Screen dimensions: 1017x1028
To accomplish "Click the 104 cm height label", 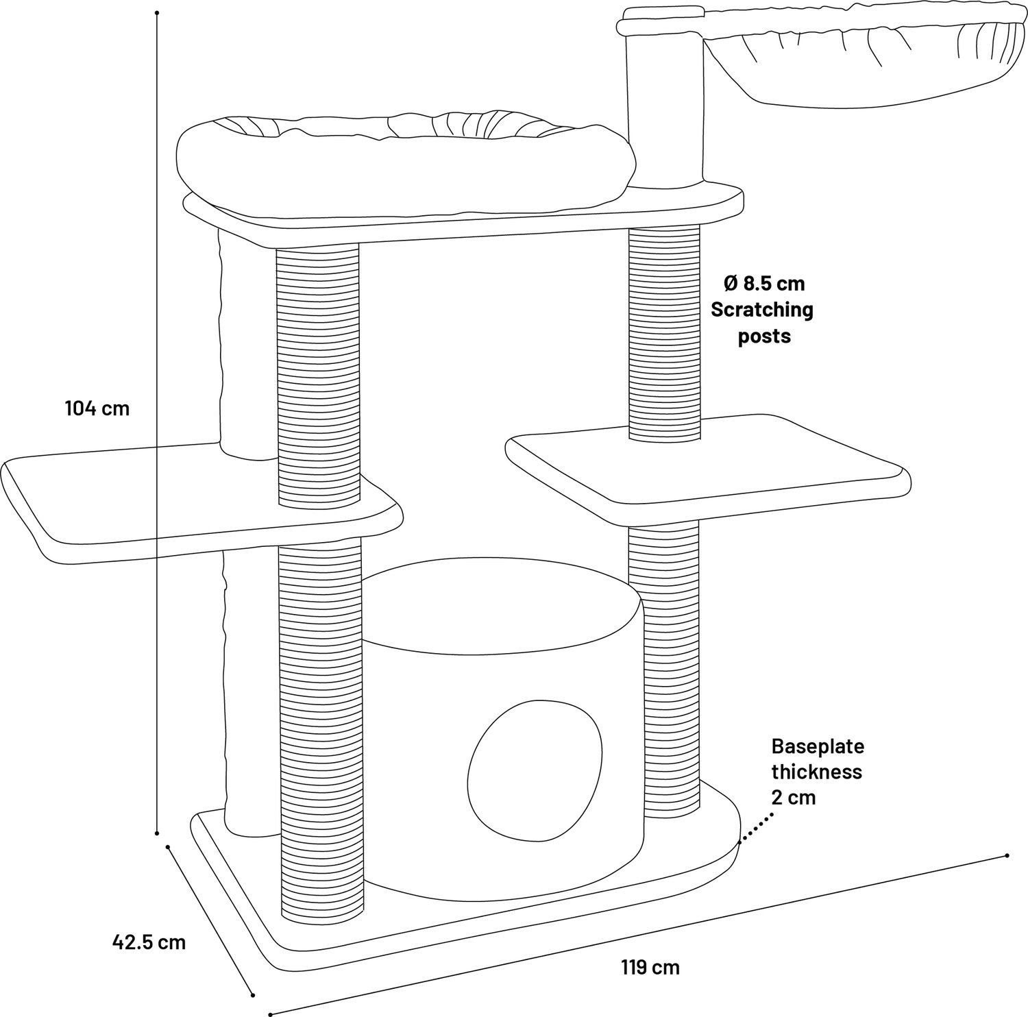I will (x=97, y=409).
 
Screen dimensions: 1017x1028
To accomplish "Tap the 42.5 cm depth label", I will (x=149, y=942).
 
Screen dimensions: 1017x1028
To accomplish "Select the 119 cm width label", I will (x=650, y=968).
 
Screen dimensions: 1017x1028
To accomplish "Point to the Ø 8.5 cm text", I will (x=764, y=283).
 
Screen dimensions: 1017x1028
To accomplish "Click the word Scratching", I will (x=761, y=310).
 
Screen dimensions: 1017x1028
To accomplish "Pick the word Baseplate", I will (x=818, y=746).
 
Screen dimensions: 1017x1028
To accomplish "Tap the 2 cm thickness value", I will (x=794, y=798).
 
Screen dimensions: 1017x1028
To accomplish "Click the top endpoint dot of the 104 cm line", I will (x=158, y=13).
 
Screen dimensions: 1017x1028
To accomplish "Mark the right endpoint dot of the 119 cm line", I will (x=1007, y=855).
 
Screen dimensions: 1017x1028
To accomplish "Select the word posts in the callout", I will (x=764, y=336).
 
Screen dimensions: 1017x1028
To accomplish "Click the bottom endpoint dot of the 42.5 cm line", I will (x=254, y=994).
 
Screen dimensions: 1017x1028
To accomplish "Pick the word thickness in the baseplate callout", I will (x=816, y=772).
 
